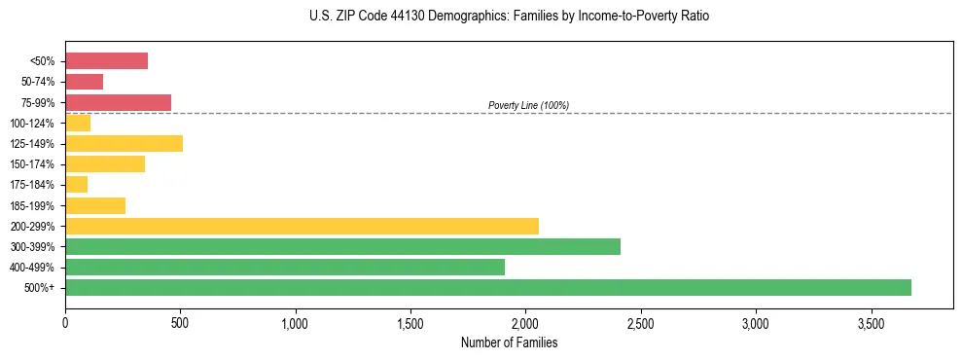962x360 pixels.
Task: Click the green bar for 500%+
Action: pos(488,287)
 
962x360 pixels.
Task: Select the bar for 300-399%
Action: pos(342,246)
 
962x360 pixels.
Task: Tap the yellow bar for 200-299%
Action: pos(302,226)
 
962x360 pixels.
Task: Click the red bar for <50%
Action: pos(106,61)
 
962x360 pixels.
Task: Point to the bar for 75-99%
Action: pos(118,102)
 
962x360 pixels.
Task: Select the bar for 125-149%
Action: pos(124,144)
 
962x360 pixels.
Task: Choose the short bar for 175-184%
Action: pos(76,185)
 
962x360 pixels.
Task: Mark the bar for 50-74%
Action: pos(84,82)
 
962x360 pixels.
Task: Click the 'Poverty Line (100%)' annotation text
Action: pos(528,105)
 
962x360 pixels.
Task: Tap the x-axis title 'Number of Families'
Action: pos(508,342)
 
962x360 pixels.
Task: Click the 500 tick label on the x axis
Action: pos(180,323)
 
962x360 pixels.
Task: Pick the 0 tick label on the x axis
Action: pos(65,323)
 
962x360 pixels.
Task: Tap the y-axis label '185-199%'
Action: pos(32,205)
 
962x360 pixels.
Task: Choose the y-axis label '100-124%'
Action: pos(32,124)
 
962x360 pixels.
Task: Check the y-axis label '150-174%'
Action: pos(32,164)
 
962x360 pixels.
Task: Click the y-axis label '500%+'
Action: pos(40,288)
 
